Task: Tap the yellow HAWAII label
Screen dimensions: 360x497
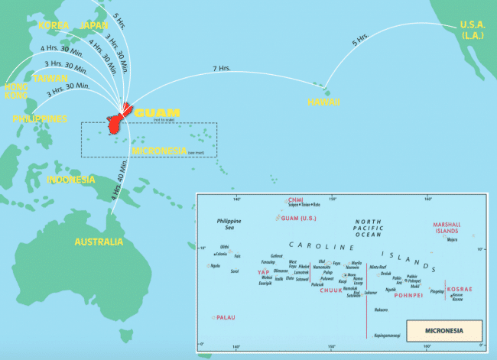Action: coord(324,102)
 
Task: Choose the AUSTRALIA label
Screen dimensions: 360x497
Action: coord(98,242)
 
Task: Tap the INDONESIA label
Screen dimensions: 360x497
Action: coord(71,180)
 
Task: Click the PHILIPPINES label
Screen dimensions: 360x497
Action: coord(39,119)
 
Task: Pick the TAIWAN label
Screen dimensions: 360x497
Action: coord(49,78)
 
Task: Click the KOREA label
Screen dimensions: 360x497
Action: coord(53,25)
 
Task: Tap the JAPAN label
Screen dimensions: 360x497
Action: coord(94,25)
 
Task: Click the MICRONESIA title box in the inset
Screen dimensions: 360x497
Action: coord(443,331)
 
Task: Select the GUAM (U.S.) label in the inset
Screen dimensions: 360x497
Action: coord(297,218)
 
